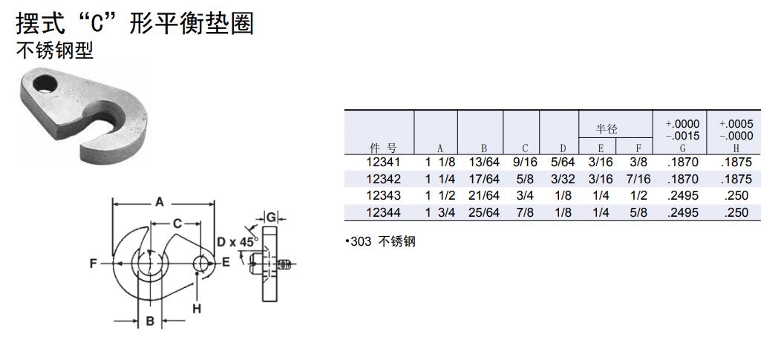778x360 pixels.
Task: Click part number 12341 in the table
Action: point(383,163)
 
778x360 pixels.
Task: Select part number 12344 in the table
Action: point(383,212)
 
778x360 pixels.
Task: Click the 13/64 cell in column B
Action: point(484,163)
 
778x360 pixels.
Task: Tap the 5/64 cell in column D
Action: point(562,163)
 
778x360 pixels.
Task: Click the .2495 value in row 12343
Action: point(684,195)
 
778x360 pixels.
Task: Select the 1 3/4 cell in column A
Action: point(439,212)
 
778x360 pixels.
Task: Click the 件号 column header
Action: point(382,148)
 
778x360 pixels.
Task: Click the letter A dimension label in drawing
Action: point(160,201)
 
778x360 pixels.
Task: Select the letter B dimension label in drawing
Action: point(149,321)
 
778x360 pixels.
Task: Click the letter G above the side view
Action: point(272,217)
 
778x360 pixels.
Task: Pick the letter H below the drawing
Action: point(197,308)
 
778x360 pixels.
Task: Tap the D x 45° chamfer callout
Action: point(237,241)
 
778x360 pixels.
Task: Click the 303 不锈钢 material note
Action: point(380,242)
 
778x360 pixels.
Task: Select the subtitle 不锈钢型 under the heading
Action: point(54,51)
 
